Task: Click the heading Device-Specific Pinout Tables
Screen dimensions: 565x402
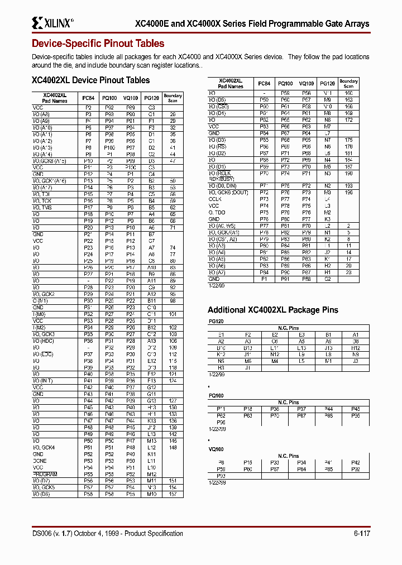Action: pos(98,44)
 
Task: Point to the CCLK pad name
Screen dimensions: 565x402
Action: pos(215,199)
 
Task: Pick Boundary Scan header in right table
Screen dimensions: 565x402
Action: pos(348,84)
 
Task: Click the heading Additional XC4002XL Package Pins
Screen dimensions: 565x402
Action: pos(272,310)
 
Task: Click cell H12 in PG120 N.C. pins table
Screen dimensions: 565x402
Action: pos(356,348)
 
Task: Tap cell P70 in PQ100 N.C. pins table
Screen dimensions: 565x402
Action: pos(275,415)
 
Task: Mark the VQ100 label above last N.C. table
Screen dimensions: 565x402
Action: pos(216,449)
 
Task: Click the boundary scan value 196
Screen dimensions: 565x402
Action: pos(348,192)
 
